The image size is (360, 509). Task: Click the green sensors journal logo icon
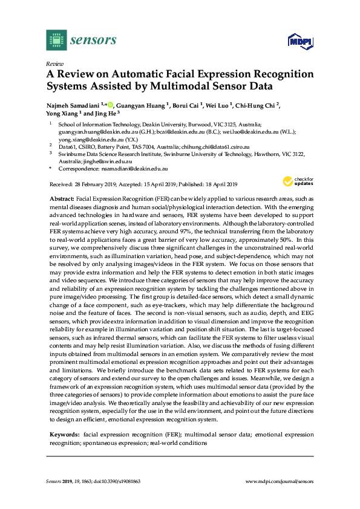[55, 41]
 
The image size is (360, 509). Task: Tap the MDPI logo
[298, 42]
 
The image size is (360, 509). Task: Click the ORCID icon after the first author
[111, 104]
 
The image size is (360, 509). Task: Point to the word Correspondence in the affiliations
[74, 169]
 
